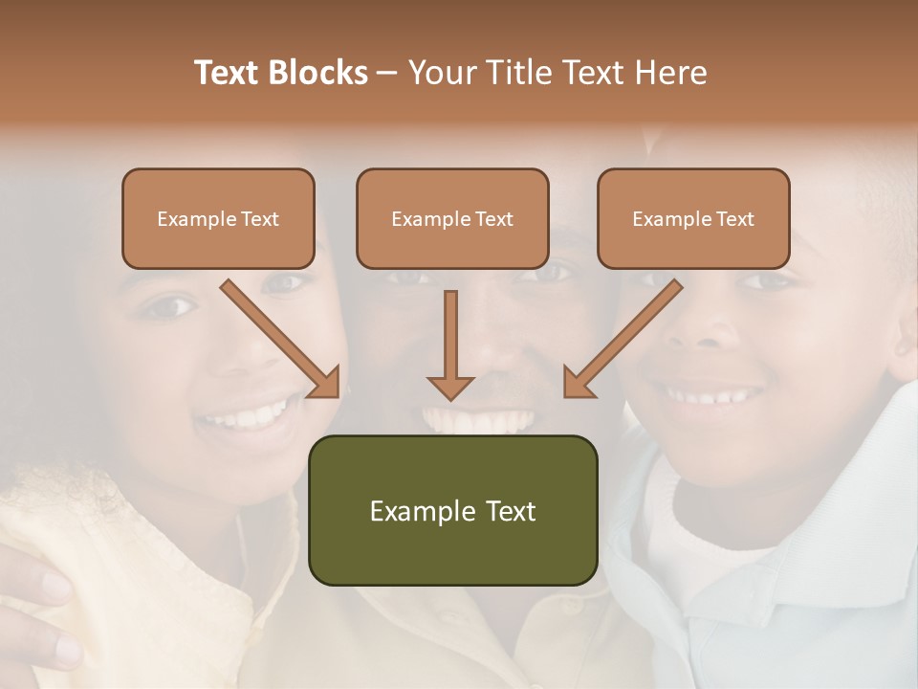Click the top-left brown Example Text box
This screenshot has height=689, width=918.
pos(218,219)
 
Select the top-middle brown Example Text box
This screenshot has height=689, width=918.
pos(452,219)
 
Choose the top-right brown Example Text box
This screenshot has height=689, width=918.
pos(693,219)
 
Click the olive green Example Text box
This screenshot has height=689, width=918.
pos(452,511)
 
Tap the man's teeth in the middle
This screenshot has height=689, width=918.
pos(478,420)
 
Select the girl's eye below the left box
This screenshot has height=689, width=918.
pos(170,307)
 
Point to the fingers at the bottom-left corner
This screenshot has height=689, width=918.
pos(33,612)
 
